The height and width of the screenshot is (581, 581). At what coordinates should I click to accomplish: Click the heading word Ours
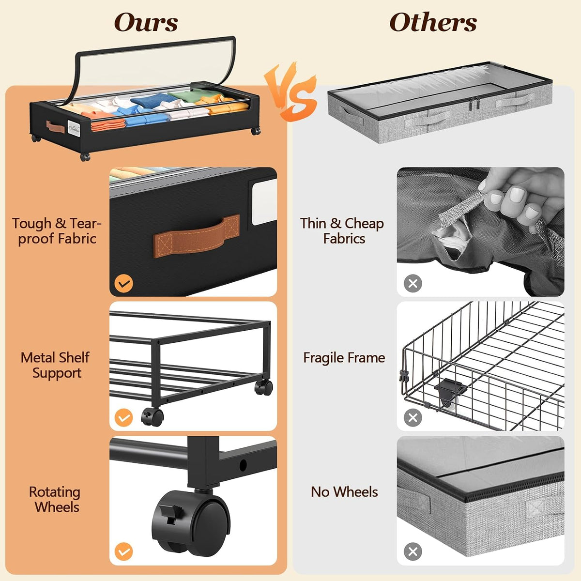coord(146,22)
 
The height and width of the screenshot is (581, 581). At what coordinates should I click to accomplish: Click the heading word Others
coord(433,22)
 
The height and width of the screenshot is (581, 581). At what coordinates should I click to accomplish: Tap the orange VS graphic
coord(290,92)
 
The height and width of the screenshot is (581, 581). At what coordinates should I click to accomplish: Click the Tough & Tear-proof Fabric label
coord(57,231)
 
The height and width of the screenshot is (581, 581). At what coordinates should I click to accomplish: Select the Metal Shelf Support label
coord(56,365)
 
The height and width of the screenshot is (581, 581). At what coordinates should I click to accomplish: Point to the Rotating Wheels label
coord(55,499)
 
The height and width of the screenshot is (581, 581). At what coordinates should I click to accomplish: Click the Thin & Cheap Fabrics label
coord(342,231)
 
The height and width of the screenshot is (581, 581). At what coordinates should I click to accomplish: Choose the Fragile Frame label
coord(344,358)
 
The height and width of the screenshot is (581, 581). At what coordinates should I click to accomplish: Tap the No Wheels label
coord(344,492)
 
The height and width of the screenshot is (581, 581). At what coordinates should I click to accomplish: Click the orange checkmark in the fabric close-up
coord(123,283)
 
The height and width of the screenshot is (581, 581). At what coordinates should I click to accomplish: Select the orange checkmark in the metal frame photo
coord(123,417)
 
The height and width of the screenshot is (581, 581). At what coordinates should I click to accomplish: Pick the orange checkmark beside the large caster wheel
coord(123,551)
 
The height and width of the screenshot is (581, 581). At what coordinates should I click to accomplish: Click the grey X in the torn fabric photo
coord(413,283)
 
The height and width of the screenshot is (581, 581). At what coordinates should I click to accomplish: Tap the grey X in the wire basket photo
coord(413,417)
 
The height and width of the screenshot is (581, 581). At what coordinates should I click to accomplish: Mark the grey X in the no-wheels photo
coord(413,551)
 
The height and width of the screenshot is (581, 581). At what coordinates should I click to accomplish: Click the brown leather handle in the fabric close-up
coord(197,236)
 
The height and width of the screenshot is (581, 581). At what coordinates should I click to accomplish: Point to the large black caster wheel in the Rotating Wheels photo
coord(191,522)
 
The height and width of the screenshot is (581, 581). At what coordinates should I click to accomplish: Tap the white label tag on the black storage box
coord(74,129)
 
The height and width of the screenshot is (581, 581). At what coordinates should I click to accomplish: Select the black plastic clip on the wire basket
coord(448,389)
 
